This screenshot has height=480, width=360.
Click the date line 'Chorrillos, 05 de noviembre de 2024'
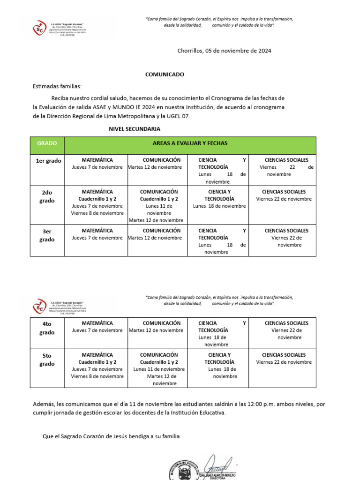pyautogui.click(x=224, y=51)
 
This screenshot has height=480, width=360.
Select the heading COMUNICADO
pyautogui.click(x=165, y=75)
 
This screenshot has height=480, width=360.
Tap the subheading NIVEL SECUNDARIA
pyautogui.click(x=135, y=128)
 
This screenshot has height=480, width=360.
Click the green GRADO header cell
pyautogui.click(x=47, y=143)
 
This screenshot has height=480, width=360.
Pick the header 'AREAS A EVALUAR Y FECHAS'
pyautogui.click(x=190, y=143)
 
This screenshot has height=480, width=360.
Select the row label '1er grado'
pyautogui.click(x=49, y=161)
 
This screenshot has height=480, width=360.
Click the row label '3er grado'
pyautogui.click(x=47, y=235)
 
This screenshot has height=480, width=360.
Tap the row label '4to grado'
pyautogui.click(x=47, y=328)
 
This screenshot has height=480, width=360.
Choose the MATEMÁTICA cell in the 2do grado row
pyautogui.click(x=97, y=202)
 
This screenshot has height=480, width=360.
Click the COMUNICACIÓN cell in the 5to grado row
pyautogui.click(x=159, y=369)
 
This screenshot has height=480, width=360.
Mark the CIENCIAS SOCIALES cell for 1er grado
pyautogui.click(x=286, y=167)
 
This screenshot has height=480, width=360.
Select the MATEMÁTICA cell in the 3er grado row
pyautogui.click(x=97, y=234)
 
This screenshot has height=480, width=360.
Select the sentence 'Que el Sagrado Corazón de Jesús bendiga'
pyautogui.click(x=112, y=436)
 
